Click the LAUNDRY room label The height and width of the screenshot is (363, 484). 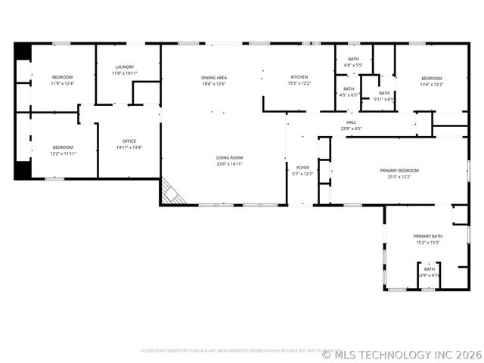(x=124, y=67)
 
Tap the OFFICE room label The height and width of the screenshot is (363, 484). (x=129, y=141)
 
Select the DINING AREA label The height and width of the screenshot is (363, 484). (x=214, y=78)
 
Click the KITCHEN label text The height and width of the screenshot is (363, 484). (x=299, y=78)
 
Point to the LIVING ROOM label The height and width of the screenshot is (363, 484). (x=229, y=157)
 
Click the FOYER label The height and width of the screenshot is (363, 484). (x=302, y=168)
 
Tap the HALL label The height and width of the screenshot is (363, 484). (x=351, y=123)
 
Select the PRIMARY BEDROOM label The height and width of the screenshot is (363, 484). (x=399, y=171)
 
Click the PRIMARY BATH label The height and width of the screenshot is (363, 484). (x=428, y=237)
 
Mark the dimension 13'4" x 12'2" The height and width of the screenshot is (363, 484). (x=431, y=84)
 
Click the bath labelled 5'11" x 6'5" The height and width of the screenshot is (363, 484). (x=385, y=96)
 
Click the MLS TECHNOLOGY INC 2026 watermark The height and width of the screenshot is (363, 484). (x=402, y=354)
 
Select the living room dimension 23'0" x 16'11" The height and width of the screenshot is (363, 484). (x=229, y=163)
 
